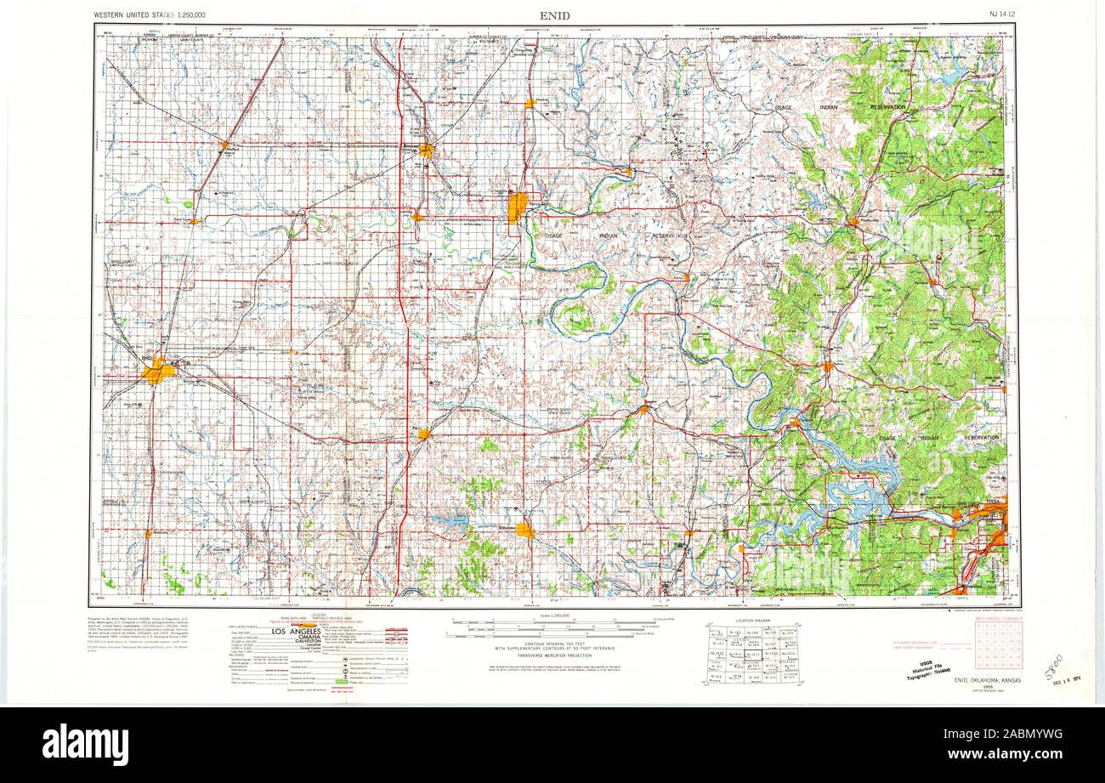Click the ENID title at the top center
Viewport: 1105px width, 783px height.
pos(554,15)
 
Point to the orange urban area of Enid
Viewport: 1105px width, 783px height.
pos(158,371)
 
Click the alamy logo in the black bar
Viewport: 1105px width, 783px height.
pos(85,744)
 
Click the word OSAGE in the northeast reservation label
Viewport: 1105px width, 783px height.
pos(783,108)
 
